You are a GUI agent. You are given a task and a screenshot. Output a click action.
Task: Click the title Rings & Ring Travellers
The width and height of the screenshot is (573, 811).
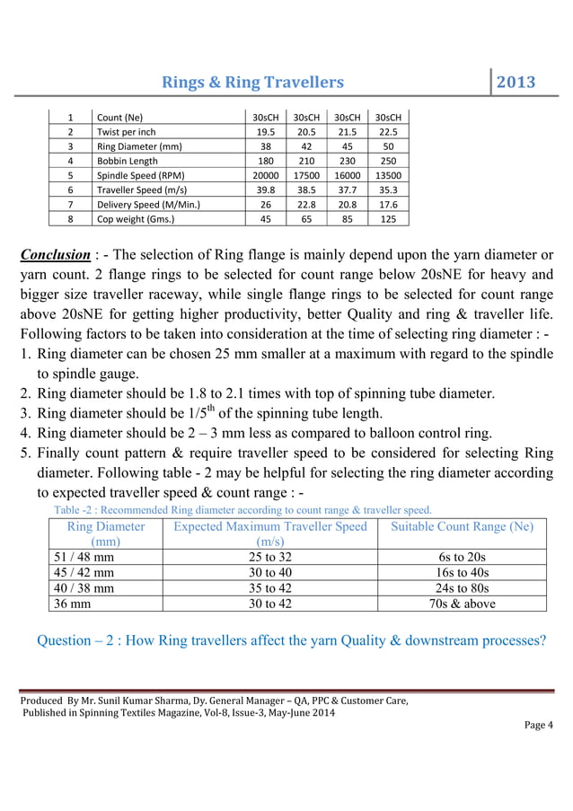coord(252,83)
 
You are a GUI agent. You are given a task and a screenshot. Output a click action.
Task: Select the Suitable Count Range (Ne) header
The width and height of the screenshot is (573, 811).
coord(462,527)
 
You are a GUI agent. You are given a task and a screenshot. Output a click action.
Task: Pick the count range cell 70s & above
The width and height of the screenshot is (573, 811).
coord(462,604)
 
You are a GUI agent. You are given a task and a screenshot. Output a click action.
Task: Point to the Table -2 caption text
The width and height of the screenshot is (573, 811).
coord(242,510)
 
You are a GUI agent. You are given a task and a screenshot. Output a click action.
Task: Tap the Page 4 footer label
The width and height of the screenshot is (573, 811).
coord(539,726)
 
